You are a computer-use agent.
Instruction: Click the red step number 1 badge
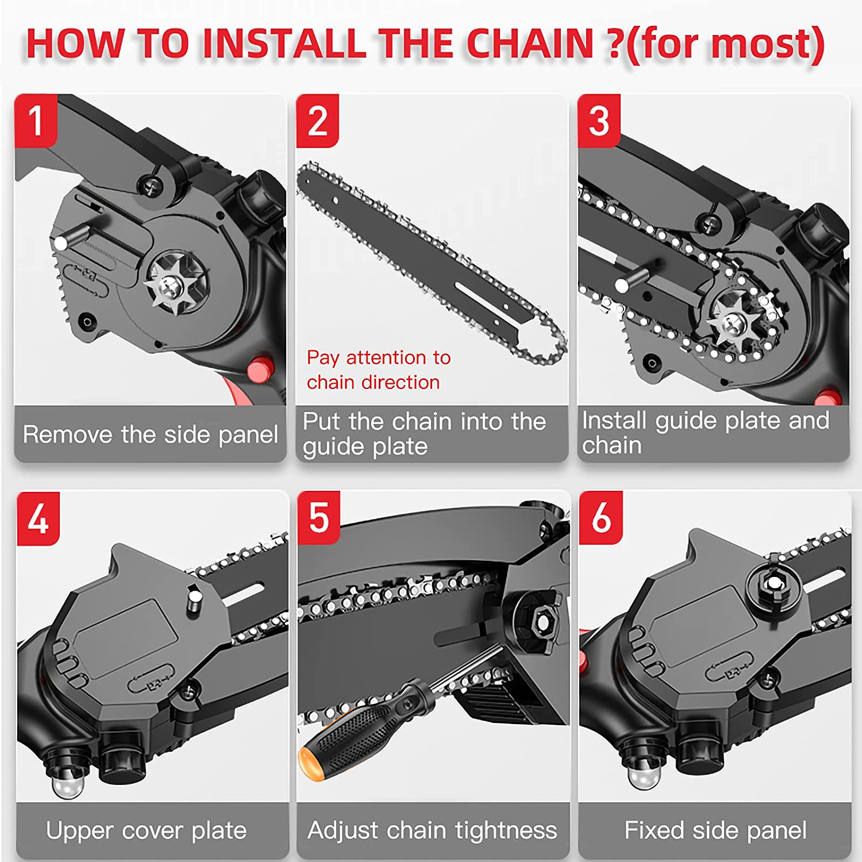pos(36,121)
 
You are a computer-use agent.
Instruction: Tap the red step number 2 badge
pos(317,121)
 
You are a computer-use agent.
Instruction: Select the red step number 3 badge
pos(599,121)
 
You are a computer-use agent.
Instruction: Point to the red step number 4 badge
pos(38,518)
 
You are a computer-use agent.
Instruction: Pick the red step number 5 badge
pos(319,517)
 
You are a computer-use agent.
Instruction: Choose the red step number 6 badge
pos(601,517)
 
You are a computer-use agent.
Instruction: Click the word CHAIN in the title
pos(529,44)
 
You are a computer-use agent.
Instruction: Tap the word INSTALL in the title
pos(284,44)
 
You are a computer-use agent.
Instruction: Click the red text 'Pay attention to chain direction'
pos(378,370)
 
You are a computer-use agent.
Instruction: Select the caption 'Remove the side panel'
pos(150,434)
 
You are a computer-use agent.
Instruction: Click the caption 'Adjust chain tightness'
pos(432,830)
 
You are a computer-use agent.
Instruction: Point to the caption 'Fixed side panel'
pos(715,830)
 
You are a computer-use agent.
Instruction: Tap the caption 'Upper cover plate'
pos(146,830)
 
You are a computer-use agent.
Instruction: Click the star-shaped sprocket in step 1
pos(171,283)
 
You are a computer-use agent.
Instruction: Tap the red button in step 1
pos(260,368)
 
